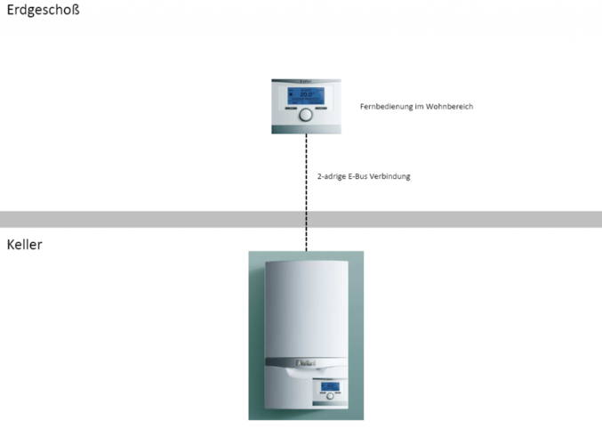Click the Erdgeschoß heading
44,10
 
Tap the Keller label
25,245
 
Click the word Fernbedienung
387,107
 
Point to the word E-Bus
357,176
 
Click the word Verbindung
390,176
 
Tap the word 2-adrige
332,176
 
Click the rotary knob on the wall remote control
306,115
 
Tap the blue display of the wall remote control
306,96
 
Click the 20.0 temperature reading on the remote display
307,94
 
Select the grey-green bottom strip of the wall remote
307,130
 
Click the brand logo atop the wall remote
306,81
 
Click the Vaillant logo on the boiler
306,363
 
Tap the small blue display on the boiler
330,386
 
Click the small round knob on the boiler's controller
330,396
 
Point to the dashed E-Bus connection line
306,192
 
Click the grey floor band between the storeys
301,219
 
